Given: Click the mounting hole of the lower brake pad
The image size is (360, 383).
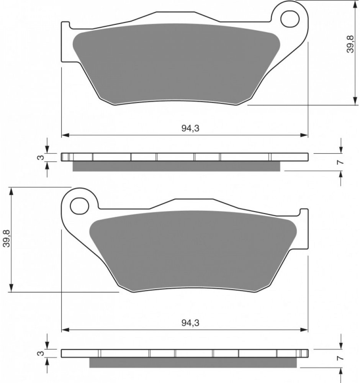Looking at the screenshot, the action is (x=79, y=206).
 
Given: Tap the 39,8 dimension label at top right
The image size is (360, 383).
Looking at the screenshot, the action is (x=350, y=44).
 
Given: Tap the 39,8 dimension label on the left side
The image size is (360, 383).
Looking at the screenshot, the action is (x=7, y=238).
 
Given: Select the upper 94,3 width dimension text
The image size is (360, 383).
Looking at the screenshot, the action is (x=190, y=128).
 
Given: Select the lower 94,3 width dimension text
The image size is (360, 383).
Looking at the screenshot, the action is (x=190, y=323).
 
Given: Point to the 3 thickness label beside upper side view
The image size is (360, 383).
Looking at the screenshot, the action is (x=41, y=157).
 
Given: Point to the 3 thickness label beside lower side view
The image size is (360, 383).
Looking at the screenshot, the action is (x=41, y=353).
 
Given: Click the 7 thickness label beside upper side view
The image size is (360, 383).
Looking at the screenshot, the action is (x=341, y=162).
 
